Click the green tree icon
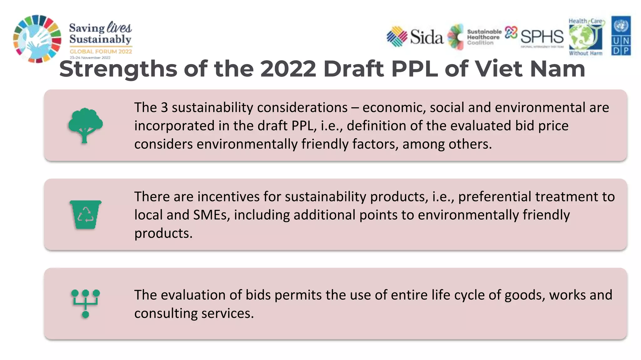pos(85,125)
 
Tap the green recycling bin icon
pos(85,215)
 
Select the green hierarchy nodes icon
pos(85,303)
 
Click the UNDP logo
pos(621,36)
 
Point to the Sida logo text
pos(426,37)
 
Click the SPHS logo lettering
pos(542,37)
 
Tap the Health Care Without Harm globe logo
pos(586,37)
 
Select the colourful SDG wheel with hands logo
pos(37,39)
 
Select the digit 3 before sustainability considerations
pos(164,108)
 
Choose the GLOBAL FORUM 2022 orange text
pos(101,52)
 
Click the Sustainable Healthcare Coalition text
pos(484,37)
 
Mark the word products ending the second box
pos(163,233)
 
